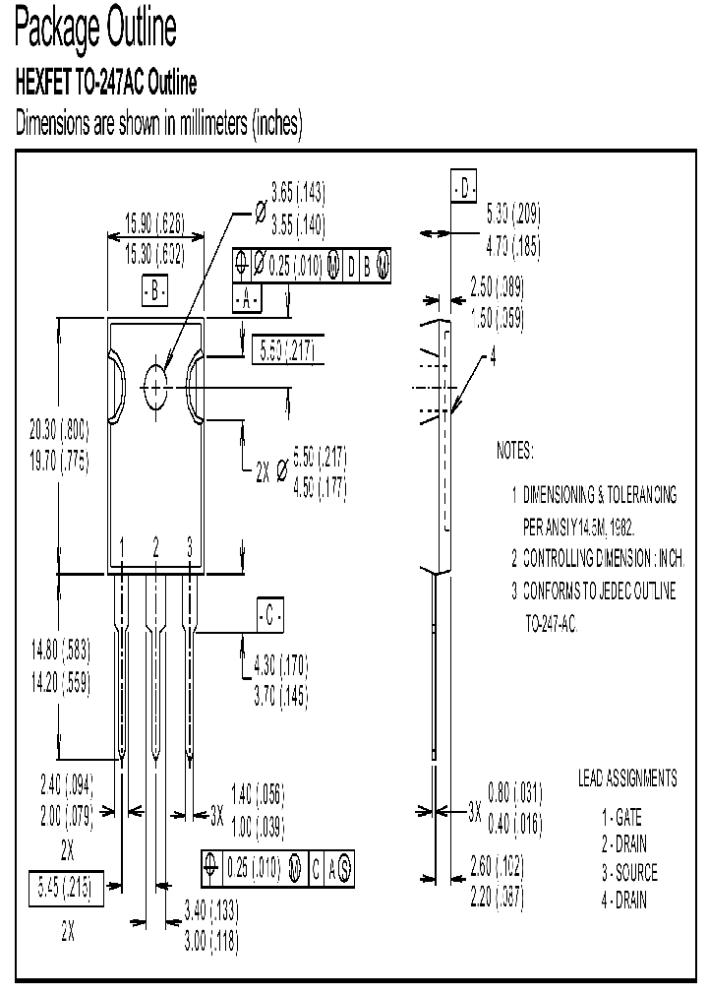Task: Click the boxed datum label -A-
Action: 246,298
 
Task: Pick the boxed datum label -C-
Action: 269,616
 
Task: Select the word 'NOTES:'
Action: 514,452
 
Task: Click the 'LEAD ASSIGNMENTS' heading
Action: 626,778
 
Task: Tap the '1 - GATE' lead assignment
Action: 623,817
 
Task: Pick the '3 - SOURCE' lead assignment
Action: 629,873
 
